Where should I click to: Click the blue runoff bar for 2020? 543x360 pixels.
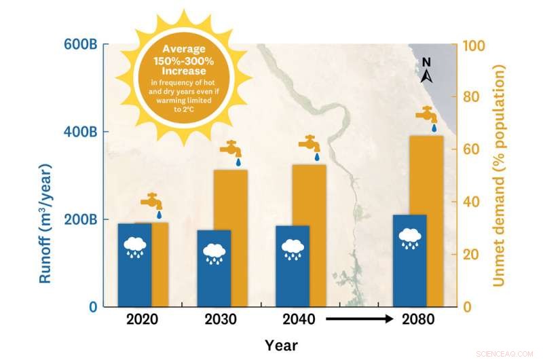coord(134,265)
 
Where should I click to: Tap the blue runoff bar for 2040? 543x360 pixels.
coord(293,266)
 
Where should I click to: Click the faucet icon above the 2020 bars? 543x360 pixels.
coord(152,202)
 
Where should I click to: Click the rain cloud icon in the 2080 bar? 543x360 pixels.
coord(410,238)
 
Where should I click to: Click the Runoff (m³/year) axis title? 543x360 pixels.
coord(45,223)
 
